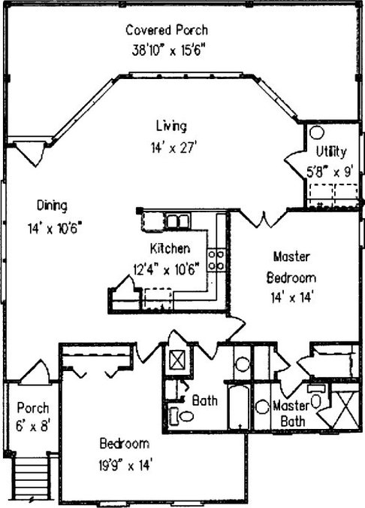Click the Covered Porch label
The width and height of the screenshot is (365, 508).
pyautogui.click(x=167, y=30)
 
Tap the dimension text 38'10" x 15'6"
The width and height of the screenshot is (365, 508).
pyautogui.click(x=168, y=50)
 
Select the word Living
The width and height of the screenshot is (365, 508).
pyautogui.click(x=171, y=126)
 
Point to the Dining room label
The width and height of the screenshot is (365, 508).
pyautogui.click(x=52, y=205)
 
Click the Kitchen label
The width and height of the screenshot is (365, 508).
pyautogui.click(x=170, y=248)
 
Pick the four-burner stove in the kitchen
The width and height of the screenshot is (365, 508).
pyautogui.click(x=216, y=260)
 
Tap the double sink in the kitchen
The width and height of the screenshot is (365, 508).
pyautogui.click(x=177, y=221)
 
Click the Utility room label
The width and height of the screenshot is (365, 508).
pyautogui.click(x=331, y=151)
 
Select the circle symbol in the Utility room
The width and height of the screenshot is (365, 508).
pyautogui.click(x=317, y=132)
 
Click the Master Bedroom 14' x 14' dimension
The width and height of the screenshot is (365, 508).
pyautogui.click(x=292, y=297)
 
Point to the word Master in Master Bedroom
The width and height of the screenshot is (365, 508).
pyautogui.click(x=291, y=257)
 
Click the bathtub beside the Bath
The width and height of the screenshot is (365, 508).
pyautogui.click(x=239, y=406)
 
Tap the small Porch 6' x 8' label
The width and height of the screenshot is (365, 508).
pyautogui.click(x=33, y=417)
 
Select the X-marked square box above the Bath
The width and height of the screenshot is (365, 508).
pyautogui.click(x=177, y=359)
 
